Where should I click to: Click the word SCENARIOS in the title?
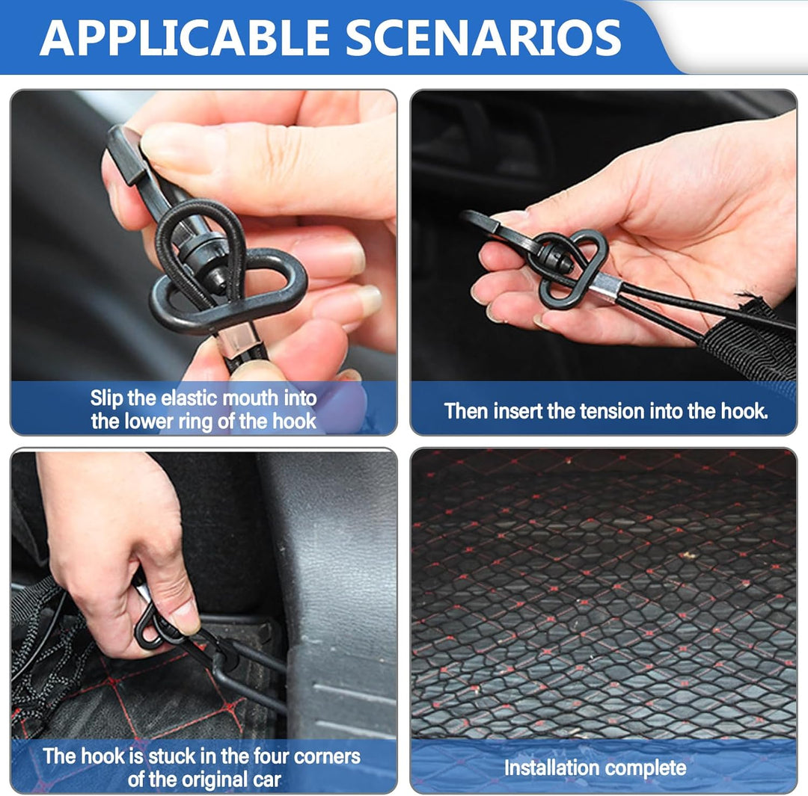[x=484, y=37]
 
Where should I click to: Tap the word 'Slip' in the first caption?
[x=107, y=398]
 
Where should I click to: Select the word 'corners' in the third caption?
[x=327, y=756]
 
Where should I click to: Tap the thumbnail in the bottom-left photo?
[x=185, y=619]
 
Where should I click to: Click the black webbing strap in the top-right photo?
[x=753, y=340]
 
